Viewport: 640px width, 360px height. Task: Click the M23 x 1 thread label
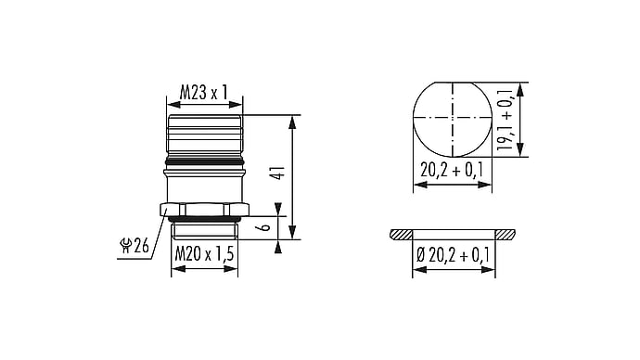tap(203, 93)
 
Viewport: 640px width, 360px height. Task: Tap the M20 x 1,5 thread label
tap(204, 254)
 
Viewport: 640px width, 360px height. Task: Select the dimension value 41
tap(279, 174)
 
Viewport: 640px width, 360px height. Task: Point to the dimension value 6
tap(265, 225)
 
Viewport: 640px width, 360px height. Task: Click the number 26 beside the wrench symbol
tap(141, 246)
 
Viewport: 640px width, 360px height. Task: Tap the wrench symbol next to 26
tap(125, 246)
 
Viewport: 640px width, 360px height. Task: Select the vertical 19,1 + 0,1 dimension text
tap(506, 119)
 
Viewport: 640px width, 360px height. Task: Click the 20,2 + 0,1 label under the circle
tap(452, 170)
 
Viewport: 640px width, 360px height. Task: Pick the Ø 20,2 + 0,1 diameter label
tap(453, 255)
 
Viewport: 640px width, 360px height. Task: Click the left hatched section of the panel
tap(402, 235)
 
